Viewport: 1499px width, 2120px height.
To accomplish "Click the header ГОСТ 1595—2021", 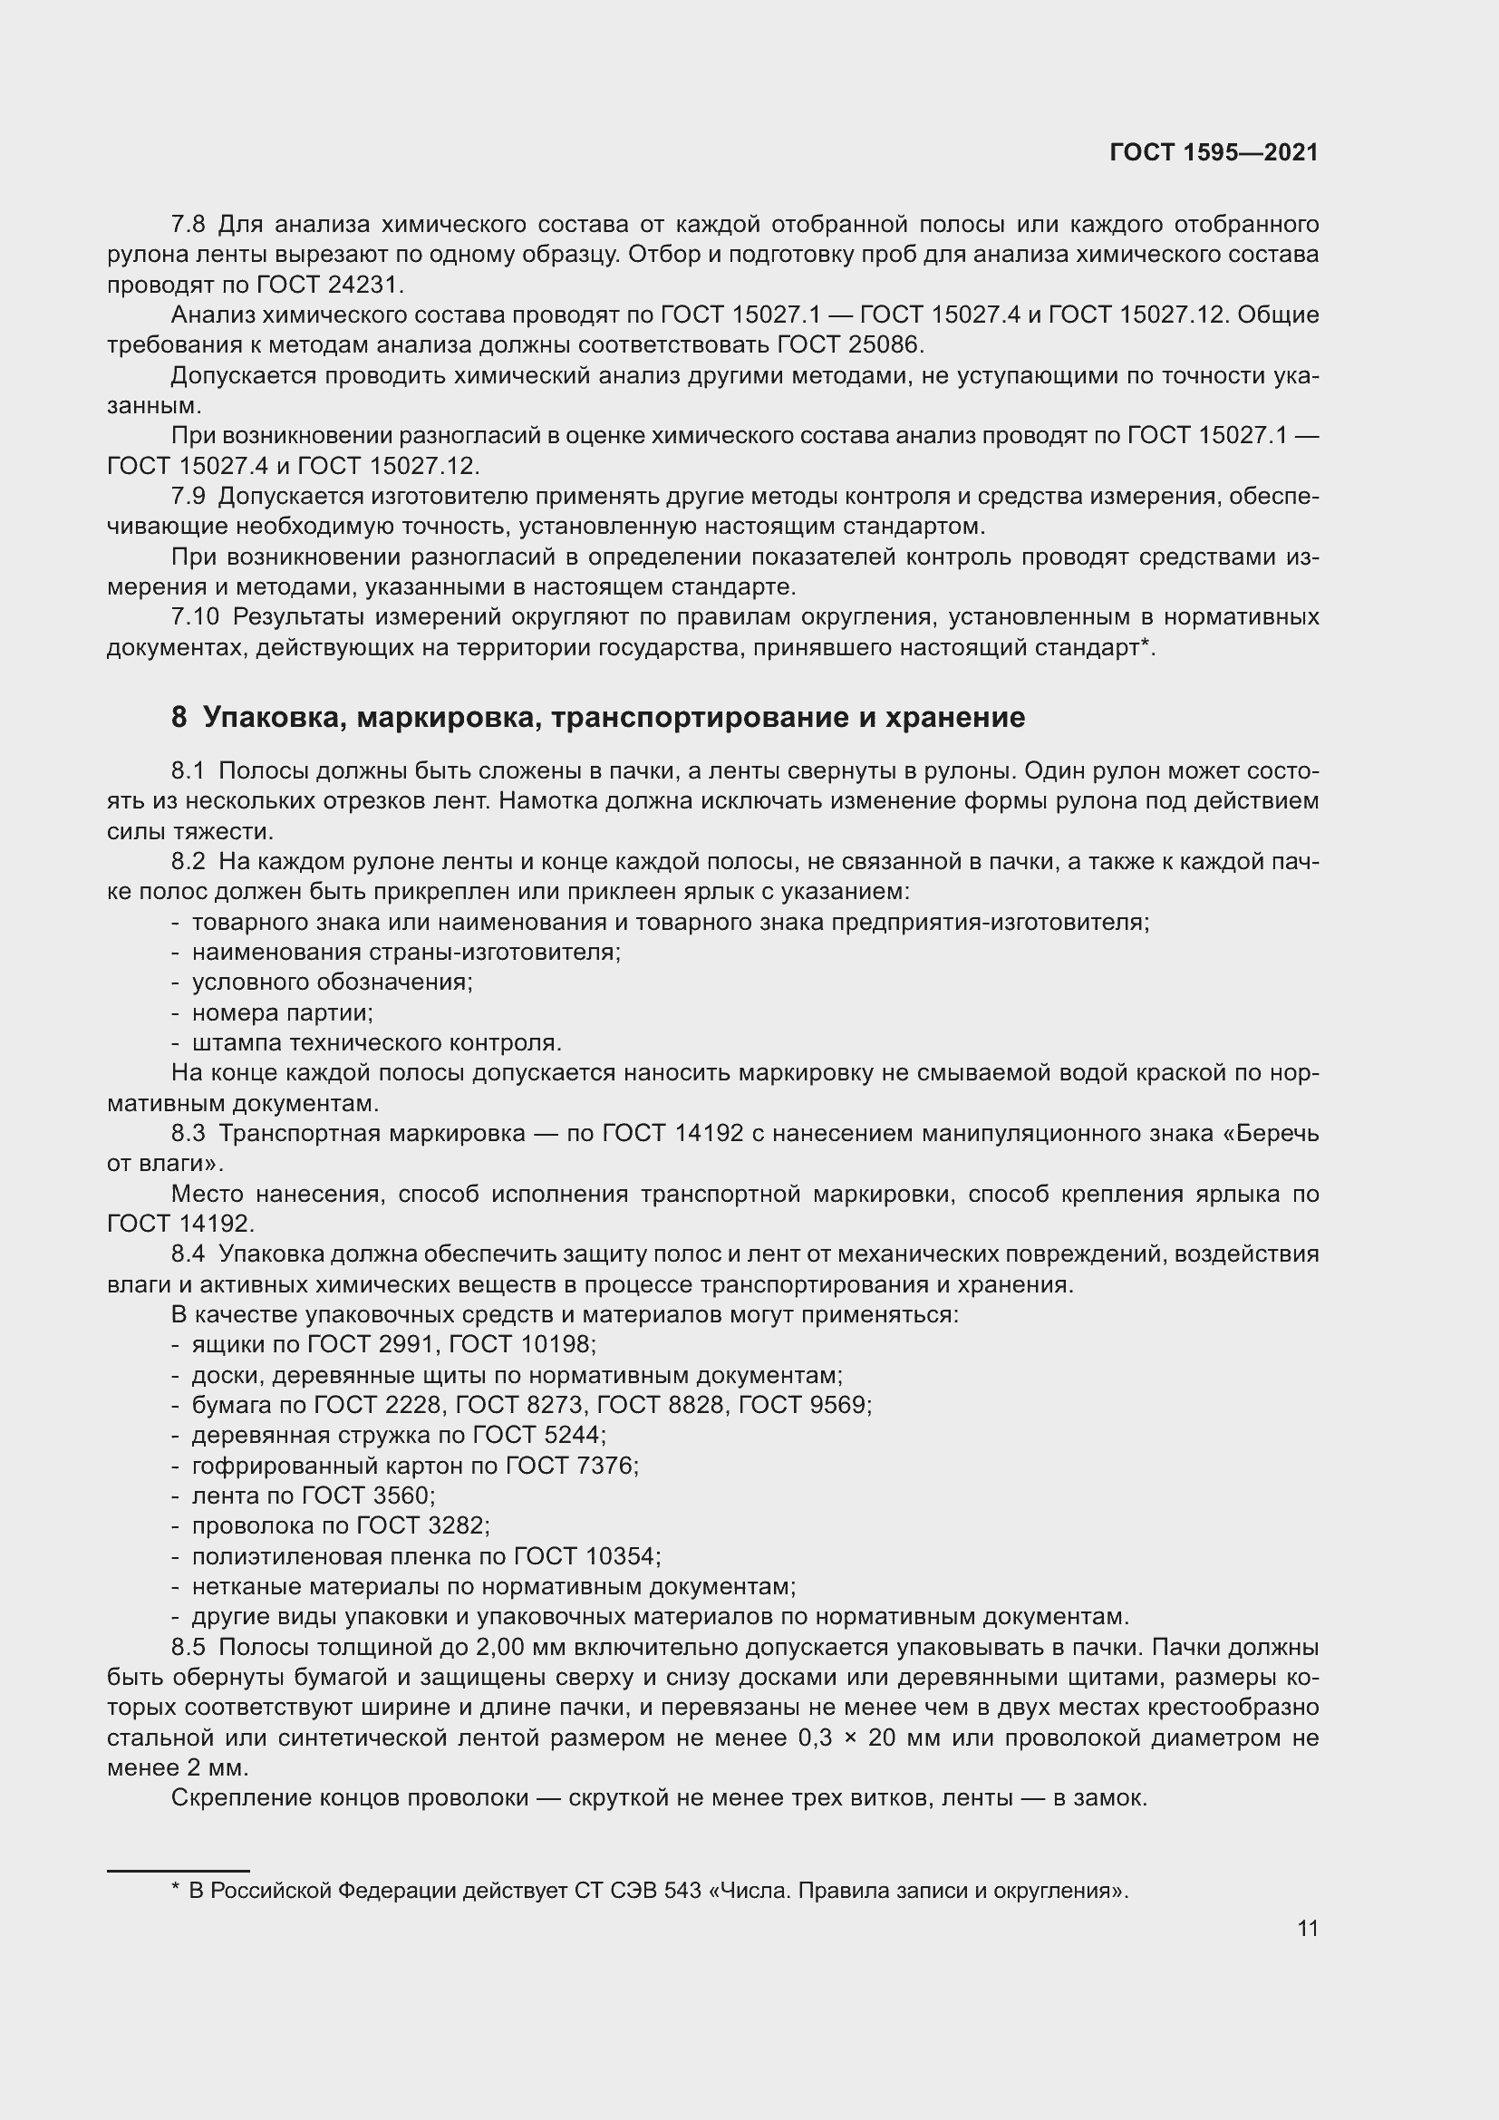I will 1214,152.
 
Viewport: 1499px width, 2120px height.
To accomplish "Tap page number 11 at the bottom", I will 1307,1928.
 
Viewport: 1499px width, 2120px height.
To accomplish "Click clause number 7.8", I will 189,225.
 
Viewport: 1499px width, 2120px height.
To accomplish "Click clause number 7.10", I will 195,617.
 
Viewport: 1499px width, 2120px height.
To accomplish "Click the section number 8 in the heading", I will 179,718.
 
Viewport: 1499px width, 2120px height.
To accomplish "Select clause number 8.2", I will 189,861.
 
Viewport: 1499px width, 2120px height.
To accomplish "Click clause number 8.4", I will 189,1254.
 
